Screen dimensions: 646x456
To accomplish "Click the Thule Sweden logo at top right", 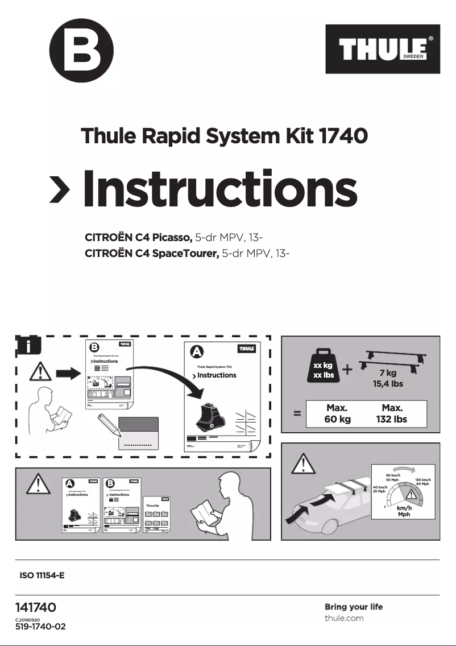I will [x=383, y=49].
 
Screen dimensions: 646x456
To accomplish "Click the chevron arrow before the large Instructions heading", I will [x=60, y=188].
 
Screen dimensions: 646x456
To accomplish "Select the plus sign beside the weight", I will [x=347, y=370].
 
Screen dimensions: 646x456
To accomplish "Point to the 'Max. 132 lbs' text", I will [x=392, y=413].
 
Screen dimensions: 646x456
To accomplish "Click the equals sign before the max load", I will [x=297, y=414].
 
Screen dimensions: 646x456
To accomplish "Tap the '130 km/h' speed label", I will [x=422, y=481].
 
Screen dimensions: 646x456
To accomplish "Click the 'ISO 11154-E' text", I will [x=43, y=575].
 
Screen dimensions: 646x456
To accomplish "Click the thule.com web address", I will [x=344, y=618].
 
